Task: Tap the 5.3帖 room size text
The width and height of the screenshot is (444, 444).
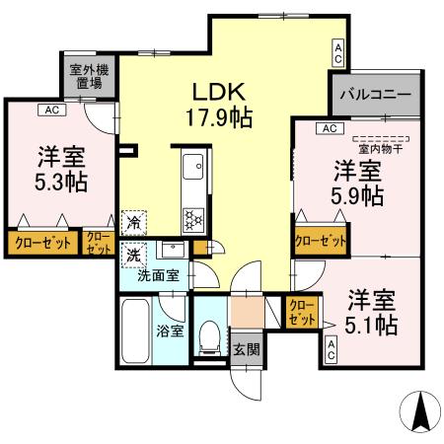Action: pos(60,185)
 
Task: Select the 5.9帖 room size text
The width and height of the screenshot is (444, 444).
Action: pos(358,193)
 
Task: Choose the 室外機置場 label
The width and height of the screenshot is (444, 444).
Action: pos(88,77)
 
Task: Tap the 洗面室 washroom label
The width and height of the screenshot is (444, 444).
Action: pos(158,275)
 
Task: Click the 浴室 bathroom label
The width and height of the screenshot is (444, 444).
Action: pos(171,331)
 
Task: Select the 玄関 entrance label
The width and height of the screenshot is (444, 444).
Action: pos(246,347)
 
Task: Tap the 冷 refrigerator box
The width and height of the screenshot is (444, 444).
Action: pos(132,223)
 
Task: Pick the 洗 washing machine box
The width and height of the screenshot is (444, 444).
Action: pos(132,254)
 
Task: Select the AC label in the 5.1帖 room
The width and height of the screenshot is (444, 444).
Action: pos(332,348)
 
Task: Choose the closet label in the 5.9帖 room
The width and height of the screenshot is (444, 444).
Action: pos(321,240)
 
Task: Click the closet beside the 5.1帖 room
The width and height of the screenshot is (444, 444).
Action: pos(302,314)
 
